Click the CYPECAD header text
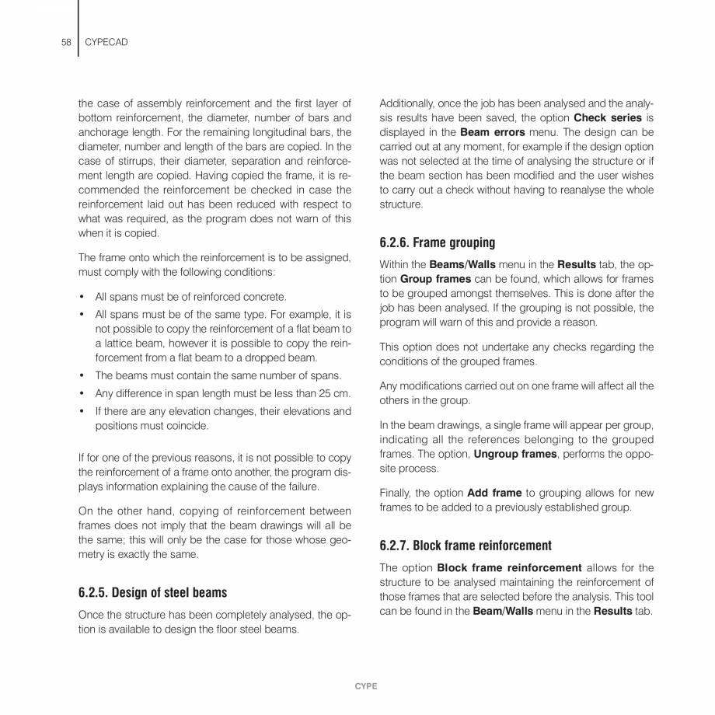[108, 42]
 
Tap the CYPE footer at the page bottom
[365, 685]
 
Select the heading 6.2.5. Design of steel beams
[152, 592]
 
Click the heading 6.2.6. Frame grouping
[437, 242]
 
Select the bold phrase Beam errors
[492, 131]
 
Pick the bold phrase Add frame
[495, 494]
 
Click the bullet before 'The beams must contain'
[82, 375]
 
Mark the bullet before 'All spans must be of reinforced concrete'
[82, 296]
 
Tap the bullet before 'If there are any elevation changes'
[82, 411]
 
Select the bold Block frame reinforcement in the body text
[511, 567]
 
